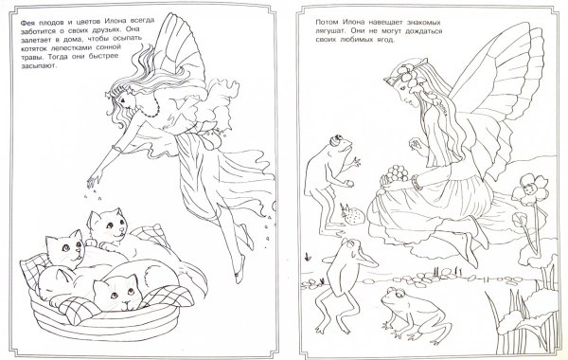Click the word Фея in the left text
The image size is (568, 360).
[x=27, y=22]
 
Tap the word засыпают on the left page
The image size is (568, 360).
[x=39, y=66]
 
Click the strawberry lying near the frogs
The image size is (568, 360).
[x=350, y=215]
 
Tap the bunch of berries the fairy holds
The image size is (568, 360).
[x=396, y=172]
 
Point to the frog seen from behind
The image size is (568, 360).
[x=345, y=282]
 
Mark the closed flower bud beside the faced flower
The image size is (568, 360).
[x=519, y=220]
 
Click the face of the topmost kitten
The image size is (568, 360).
[x=112, y=225]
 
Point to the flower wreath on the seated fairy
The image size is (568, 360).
[x=407, y=74]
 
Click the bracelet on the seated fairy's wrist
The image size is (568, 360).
[x=417, y=182]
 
